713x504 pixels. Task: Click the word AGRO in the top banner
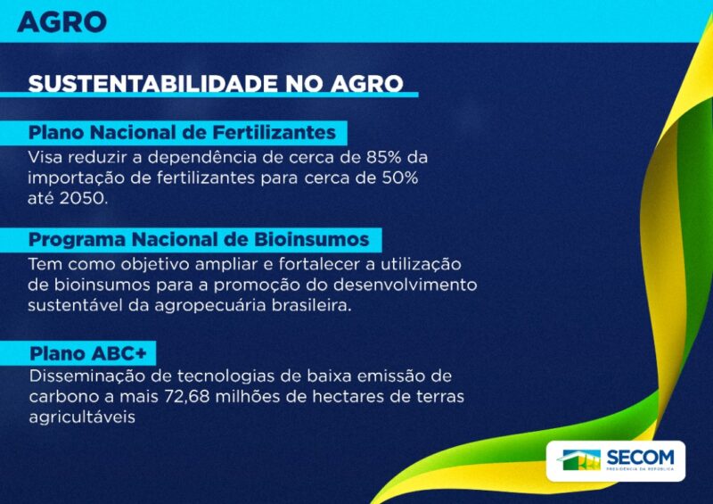point(61,22)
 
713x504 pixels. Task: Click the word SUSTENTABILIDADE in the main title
point(153,84)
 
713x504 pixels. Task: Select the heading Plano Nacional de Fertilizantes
point(182,133)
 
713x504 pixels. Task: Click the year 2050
point(84,199)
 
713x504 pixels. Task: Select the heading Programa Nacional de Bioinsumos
point(199,239)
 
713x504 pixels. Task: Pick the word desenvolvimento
point(406,285)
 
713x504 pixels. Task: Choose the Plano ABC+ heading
point(88,353)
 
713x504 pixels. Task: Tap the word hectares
point(349,397)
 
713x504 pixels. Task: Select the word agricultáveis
point(82,417)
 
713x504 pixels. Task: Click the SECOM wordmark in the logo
point(640,457)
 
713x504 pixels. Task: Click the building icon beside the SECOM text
point(578,459)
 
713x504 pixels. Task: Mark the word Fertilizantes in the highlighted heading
point(275,133)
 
